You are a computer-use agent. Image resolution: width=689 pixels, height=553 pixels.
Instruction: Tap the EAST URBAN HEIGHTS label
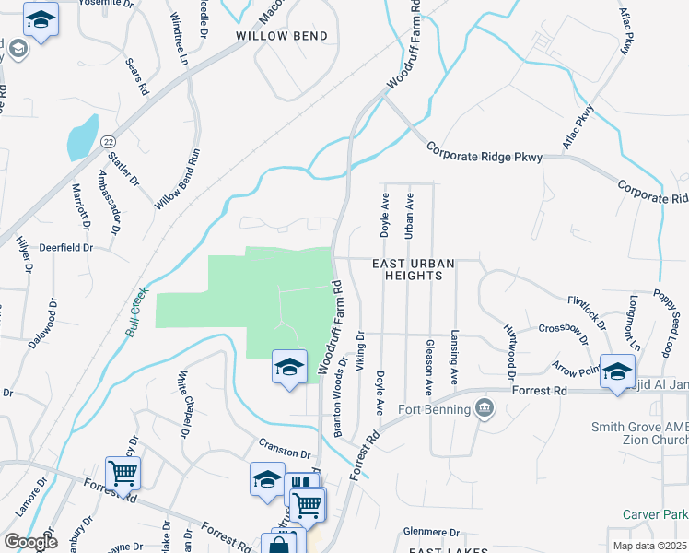[414, 270]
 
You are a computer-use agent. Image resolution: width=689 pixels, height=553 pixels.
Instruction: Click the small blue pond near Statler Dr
[82, 139]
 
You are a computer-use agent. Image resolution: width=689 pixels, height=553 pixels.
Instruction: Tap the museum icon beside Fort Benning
[484, 408]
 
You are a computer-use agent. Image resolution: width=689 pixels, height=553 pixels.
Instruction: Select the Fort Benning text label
[434, 409]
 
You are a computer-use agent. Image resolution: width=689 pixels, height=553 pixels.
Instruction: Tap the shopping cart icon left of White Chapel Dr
[123, 473]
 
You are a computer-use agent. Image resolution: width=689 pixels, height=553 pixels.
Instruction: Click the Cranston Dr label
[285, 453]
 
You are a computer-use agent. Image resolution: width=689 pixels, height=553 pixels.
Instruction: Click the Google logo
[31, 542]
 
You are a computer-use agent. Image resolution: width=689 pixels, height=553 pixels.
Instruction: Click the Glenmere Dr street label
[431, 533]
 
